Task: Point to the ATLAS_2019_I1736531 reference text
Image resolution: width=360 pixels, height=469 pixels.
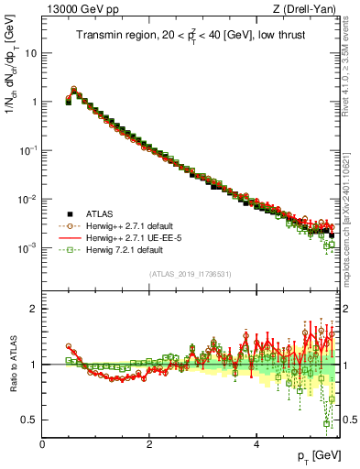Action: coord(190,274)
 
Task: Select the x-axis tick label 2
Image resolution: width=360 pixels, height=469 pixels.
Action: coord(149,443)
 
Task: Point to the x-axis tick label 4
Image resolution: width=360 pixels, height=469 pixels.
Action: coord(256,443)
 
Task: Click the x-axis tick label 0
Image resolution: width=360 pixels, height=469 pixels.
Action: coord(42,443)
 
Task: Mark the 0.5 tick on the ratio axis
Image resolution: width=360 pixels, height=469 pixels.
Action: coord(30,420)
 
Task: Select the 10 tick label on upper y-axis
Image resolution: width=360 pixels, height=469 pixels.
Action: coord(30,52)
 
